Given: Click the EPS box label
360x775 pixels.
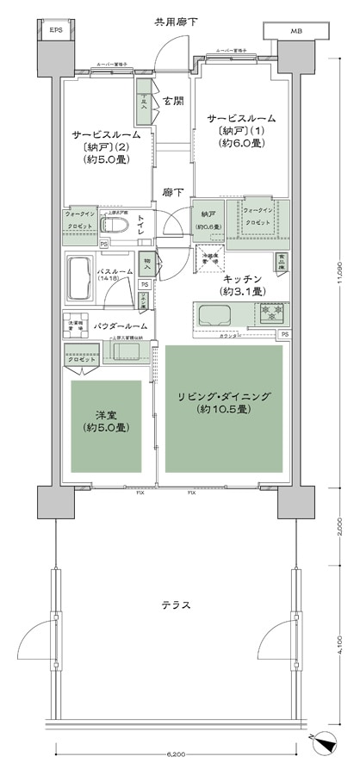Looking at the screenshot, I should (x=56, y=31).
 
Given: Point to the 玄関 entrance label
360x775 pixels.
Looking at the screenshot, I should (x=172, y=102).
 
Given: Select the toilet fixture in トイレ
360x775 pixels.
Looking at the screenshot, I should (x=115, y=226).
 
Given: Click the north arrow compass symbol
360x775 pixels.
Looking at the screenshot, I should (x=325, y=739).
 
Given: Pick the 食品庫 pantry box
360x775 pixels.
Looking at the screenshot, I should (x=281, y=259).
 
